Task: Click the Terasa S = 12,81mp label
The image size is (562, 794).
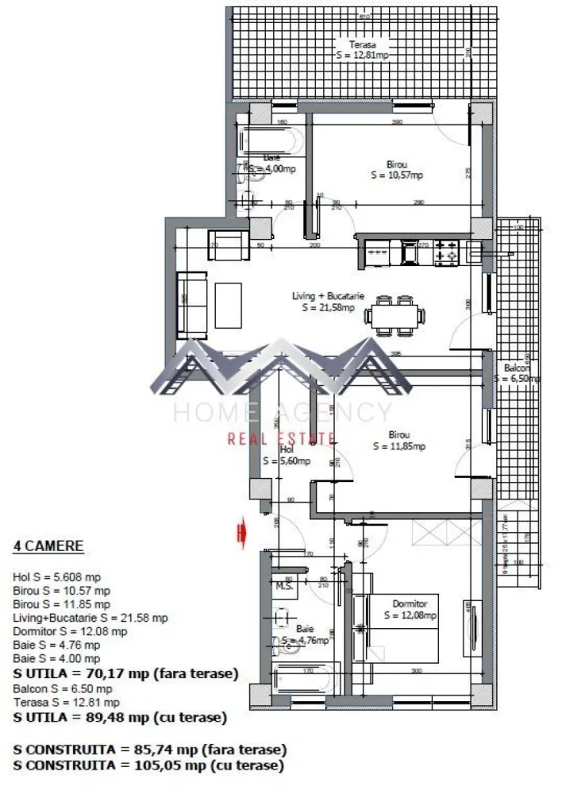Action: click(361, 50)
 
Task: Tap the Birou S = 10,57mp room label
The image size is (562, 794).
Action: click(397, 170)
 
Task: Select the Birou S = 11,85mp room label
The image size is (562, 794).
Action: click(398, 441)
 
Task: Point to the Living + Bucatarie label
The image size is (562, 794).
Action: click(328, 302)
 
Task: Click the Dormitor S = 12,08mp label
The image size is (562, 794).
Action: click(410, 609)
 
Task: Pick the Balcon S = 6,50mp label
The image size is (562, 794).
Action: click(517, 373)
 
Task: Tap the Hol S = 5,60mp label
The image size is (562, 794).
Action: click(286, 454)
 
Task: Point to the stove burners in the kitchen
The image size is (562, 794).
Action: click(445, 252)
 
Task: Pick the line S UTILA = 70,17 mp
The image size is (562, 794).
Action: click(125, 673)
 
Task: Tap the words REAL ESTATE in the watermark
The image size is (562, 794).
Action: click(281, 437)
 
